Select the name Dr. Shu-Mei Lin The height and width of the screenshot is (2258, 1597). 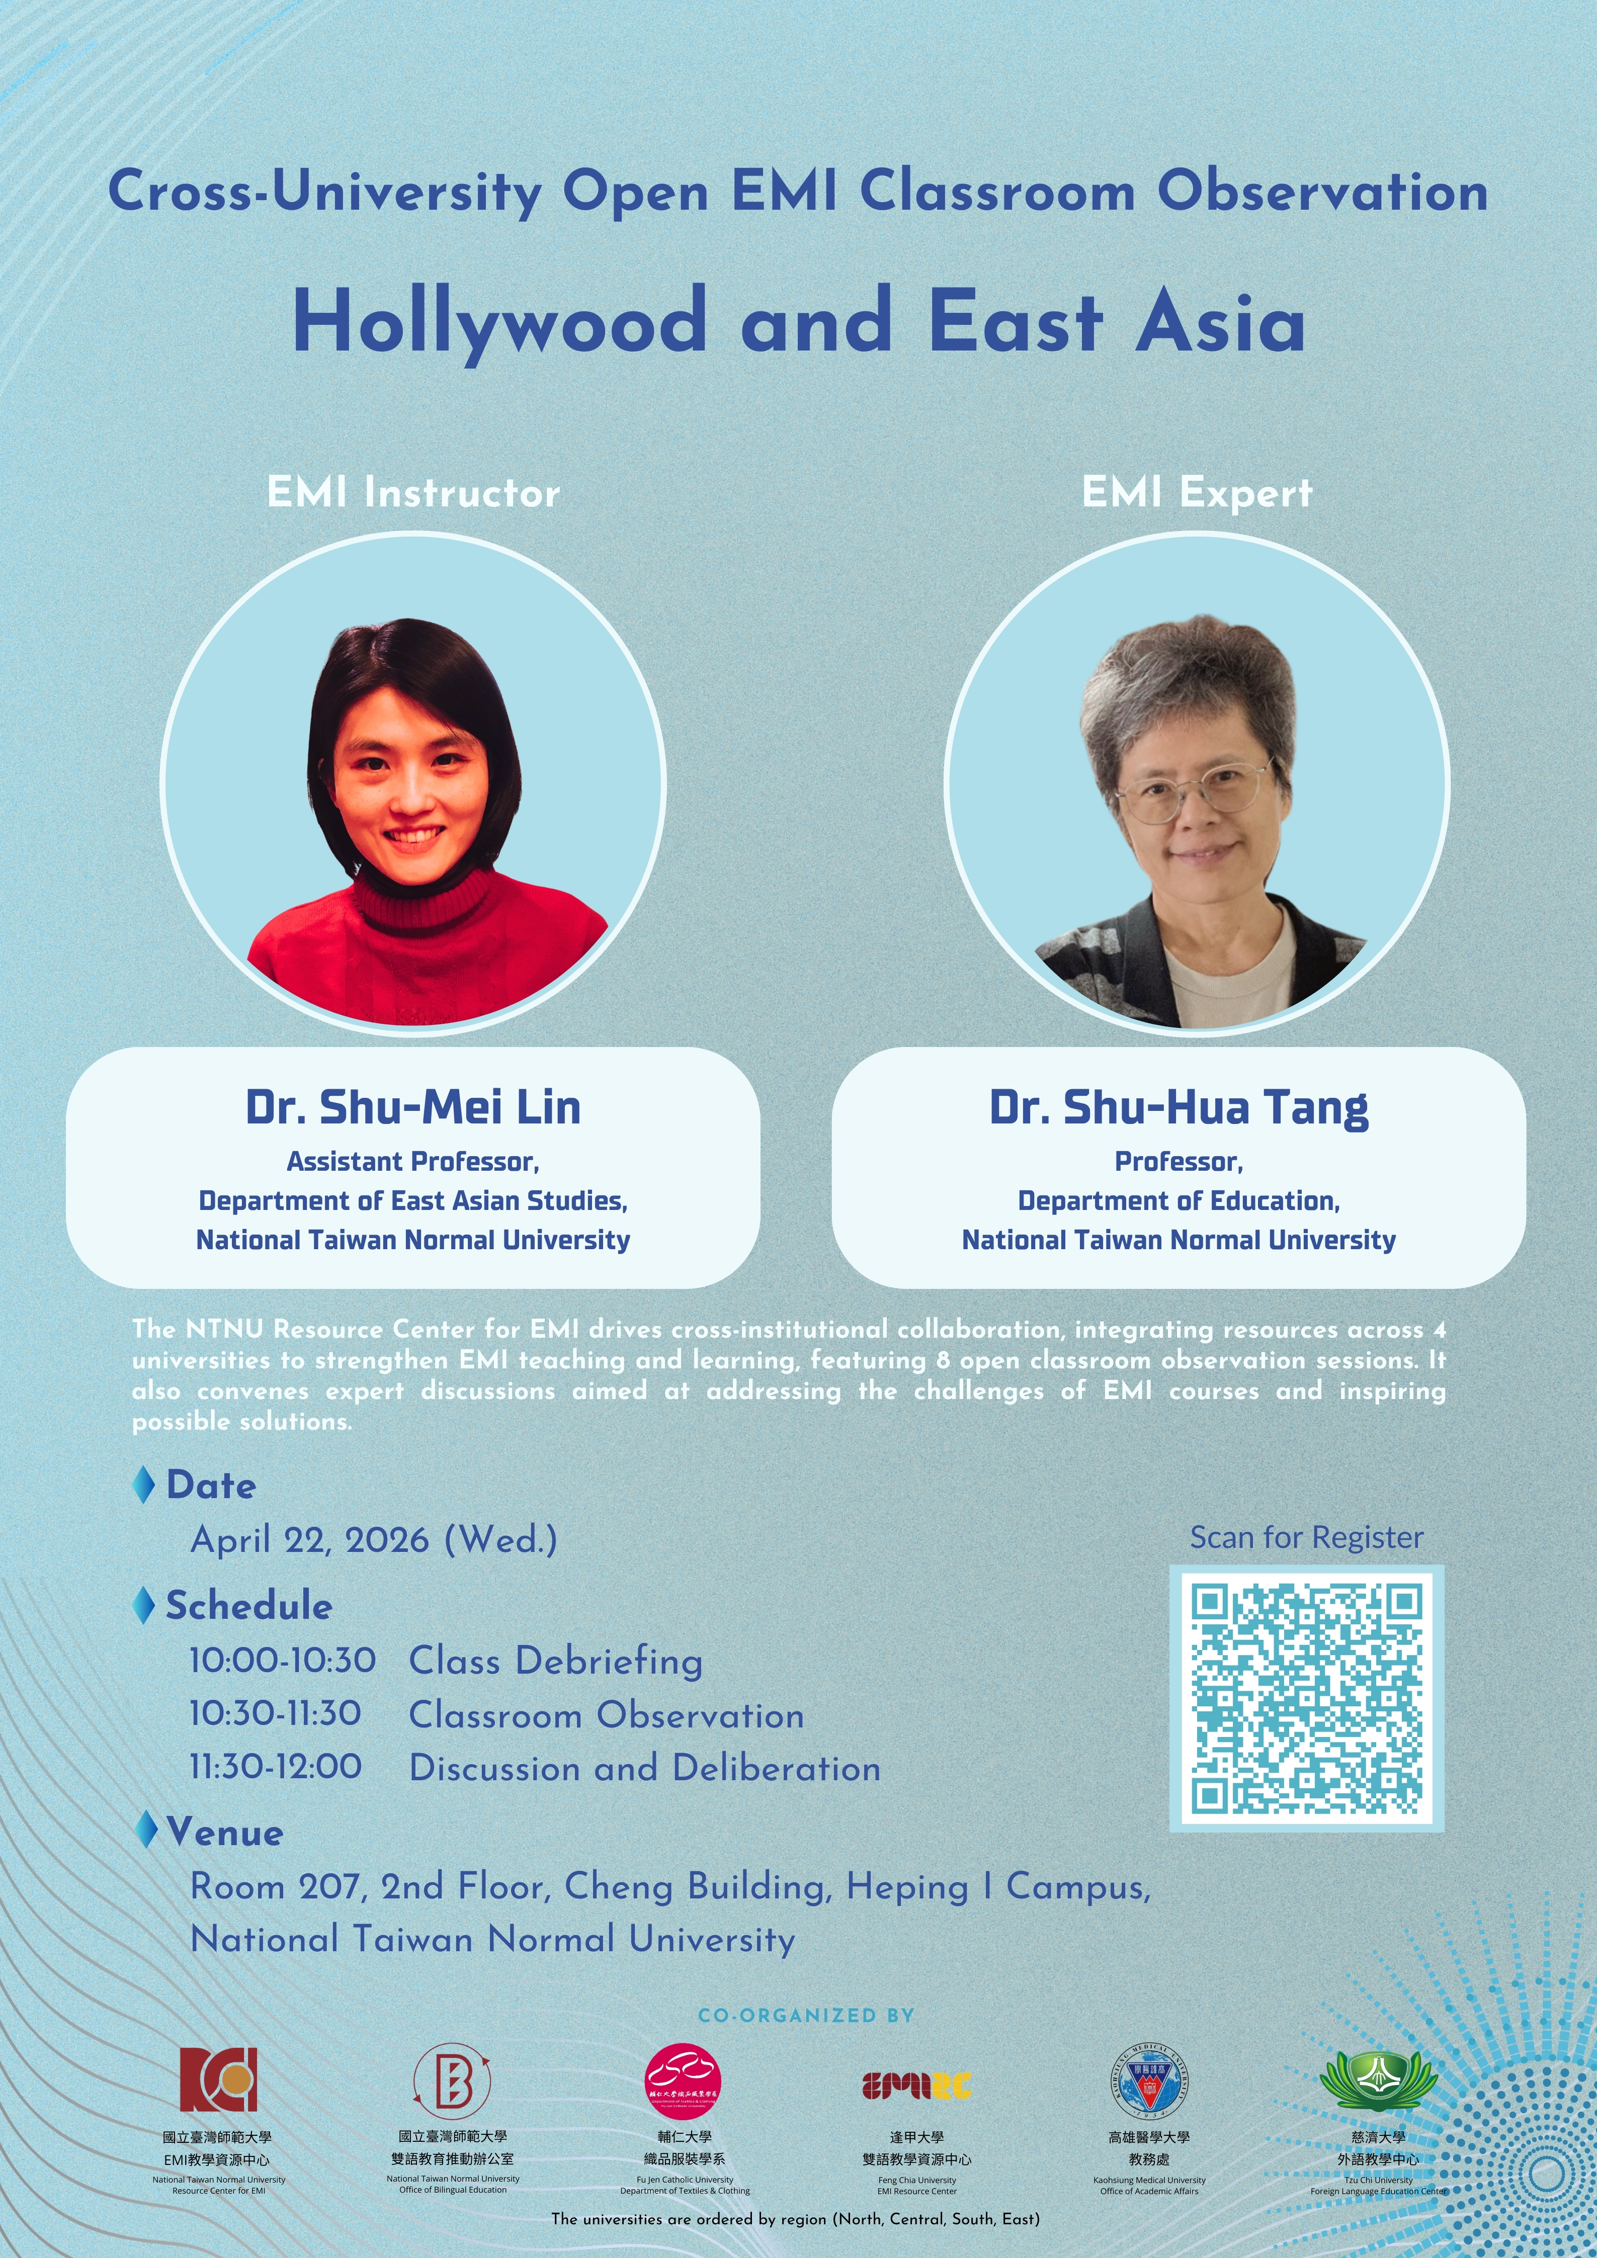click(x=413, y=1107)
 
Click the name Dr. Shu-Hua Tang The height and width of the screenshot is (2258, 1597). click(x=1178, y=1107)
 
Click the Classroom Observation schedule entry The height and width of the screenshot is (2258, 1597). click(x=606, y=1715)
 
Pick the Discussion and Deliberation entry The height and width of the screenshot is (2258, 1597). click(x=644, y=1768)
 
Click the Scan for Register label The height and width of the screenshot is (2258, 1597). click(x=1306, y=1537)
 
